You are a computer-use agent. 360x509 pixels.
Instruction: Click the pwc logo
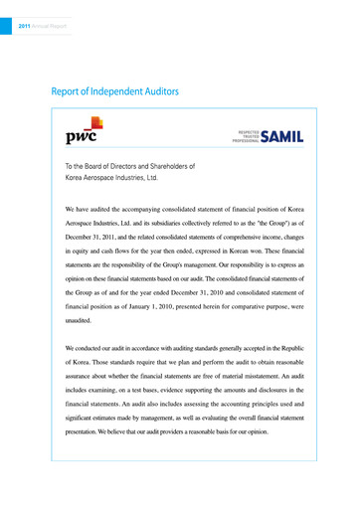pyautogui.click(x=83, y=131)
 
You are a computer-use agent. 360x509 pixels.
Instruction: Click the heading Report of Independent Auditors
pyautogui.click(x=114, y=91)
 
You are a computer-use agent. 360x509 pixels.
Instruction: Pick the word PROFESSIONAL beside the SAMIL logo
pyautogui.click(x=244, y=142)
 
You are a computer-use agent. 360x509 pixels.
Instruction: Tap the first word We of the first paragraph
pyautogui.click(x=71, y=211)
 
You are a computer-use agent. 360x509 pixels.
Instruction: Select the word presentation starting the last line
pyautogui.click(x=87, y=433)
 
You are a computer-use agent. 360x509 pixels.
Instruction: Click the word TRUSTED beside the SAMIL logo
pyautogui.click(x=250, y=136)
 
